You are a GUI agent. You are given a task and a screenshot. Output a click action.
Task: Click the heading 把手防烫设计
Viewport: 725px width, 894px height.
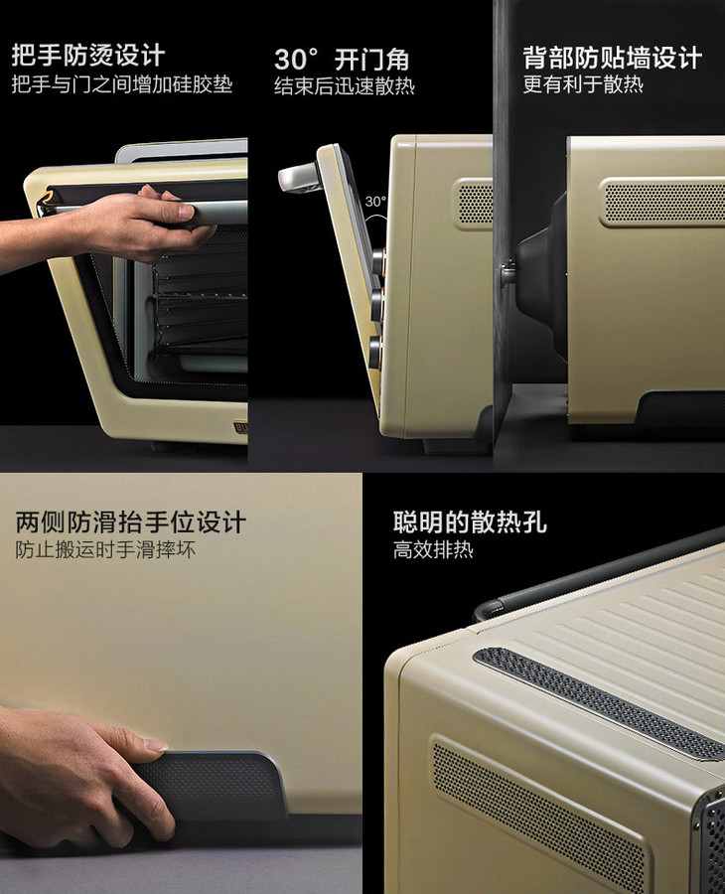click(88, 56)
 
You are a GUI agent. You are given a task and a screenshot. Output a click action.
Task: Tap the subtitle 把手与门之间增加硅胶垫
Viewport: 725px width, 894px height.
click(122, 85)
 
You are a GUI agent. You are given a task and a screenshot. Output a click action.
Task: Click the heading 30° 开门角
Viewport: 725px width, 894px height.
click(342, 60)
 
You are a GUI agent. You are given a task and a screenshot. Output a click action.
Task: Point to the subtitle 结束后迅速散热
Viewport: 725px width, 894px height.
click(345, 86)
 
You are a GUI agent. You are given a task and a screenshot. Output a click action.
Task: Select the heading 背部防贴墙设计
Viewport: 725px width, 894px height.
click(612, 58)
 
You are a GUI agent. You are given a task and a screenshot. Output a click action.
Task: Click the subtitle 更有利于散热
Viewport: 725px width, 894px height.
click(583, 84)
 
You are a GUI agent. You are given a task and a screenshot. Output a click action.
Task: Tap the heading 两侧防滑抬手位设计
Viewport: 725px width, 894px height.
click(130, 521)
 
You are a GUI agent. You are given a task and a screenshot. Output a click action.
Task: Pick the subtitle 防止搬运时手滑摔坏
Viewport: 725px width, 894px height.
click(105, 549)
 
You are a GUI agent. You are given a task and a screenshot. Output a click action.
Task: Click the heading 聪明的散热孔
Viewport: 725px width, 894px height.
click(470, 521)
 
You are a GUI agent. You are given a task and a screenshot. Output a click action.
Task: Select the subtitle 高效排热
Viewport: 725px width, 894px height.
click(433, 549)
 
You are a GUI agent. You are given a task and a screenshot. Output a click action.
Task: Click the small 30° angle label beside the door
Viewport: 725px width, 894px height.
click(375, 202)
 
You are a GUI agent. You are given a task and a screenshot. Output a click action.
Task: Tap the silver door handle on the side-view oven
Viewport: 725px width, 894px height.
click(299, 176)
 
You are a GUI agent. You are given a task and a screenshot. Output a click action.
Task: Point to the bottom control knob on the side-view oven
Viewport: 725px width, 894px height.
click(375, 352)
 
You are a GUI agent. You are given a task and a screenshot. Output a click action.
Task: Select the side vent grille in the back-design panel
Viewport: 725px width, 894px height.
click(662, 202)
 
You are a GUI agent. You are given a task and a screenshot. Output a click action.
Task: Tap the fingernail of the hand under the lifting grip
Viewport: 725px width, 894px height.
click(156, 744)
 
